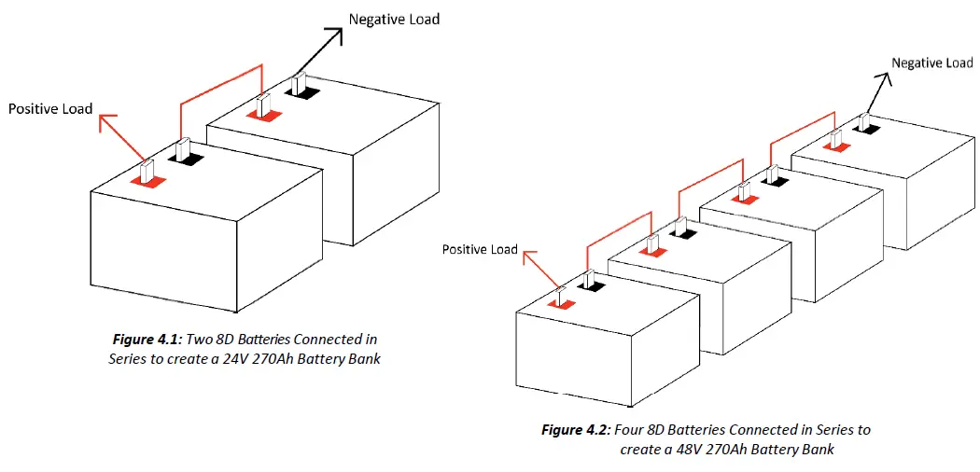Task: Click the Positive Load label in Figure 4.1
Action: pos(50,109)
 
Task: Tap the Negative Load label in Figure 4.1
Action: pos(393,19)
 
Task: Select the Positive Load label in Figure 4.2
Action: pos(480,249)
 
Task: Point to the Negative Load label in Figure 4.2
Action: pos(931,62)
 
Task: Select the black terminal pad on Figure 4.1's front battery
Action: pos(187,159)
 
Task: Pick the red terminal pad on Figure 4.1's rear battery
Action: pos(262,116)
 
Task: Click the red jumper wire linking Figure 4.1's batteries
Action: pos(220,79)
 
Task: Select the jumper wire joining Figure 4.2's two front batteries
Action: pos(616,228)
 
